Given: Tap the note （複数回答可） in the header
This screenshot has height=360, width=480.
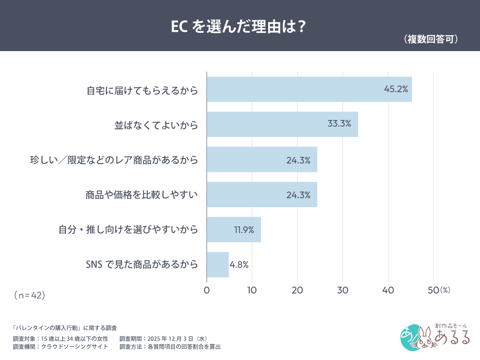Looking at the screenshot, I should point(430,39).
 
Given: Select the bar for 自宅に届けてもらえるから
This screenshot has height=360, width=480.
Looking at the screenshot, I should point(309,89).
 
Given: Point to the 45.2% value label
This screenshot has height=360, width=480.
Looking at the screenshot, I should point(396,89).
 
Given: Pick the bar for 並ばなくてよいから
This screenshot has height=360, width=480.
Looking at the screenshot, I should point(282,124).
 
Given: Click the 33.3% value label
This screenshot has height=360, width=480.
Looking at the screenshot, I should point(342,124).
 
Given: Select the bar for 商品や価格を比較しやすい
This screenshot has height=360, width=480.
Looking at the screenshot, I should point(262,195).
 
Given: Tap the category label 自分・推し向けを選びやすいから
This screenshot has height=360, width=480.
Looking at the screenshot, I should point(128,230).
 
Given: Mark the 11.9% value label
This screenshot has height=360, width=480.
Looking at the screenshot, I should point(244,230).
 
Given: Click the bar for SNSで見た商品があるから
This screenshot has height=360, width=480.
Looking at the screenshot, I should point(217,265).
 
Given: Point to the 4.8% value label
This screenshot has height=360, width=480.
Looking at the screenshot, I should point(239,265).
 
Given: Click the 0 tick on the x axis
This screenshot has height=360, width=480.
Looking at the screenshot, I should point(207,290).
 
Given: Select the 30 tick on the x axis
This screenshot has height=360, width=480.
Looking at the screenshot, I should point(343,290).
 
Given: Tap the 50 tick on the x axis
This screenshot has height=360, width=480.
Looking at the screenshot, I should point(433,290).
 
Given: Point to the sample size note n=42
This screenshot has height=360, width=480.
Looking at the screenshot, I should point(29,295).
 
